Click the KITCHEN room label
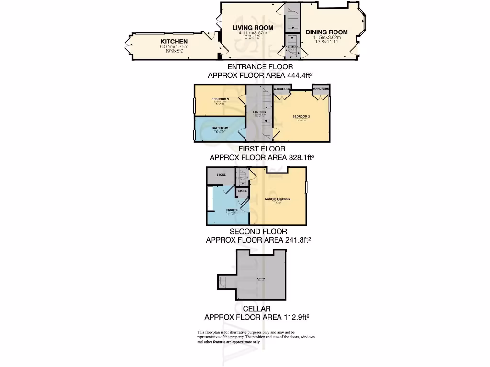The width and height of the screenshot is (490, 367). coord(174,42)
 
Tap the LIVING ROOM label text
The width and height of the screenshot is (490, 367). coord(253,28)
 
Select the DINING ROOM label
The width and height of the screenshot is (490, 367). coord(327,32)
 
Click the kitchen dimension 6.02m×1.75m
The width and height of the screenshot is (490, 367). coord(174,47)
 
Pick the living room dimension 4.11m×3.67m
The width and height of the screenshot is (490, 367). coord(253,33)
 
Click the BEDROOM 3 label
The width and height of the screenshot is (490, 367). coord(220,99)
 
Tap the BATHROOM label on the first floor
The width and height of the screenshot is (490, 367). coord(220,128)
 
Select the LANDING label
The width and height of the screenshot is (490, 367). coord(259,112)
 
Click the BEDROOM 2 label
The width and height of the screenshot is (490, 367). coord(302,116)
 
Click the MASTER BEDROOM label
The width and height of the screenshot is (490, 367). coord(278,199)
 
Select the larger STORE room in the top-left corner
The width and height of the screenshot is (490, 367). coord(221,175)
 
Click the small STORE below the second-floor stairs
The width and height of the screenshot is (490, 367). coord(243,191)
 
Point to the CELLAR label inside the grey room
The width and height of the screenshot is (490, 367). coord(261,278)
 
